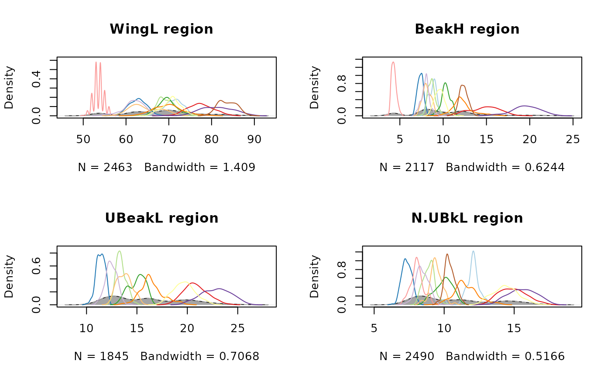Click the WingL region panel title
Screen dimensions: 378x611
tap(161, 29)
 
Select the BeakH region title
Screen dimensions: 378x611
tap(467, 29)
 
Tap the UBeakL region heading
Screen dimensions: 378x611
tap(161, 218)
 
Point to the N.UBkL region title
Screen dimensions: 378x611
tap(467, 218)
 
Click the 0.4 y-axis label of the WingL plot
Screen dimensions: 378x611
tap(37, 79)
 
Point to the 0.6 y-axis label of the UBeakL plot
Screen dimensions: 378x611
tap(37, 266)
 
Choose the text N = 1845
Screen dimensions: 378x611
tap(101, 357)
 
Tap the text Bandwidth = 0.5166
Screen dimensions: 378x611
tap(505, 357)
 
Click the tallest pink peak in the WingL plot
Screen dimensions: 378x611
tap(96, 62)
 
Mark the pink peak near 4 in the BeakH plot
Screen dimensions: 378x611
tap(393, 62)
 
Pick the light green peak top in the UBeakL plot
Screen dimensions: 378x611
tap(119, 251)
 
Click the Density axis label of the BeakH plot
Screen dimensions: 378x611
tap(314, 87)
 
